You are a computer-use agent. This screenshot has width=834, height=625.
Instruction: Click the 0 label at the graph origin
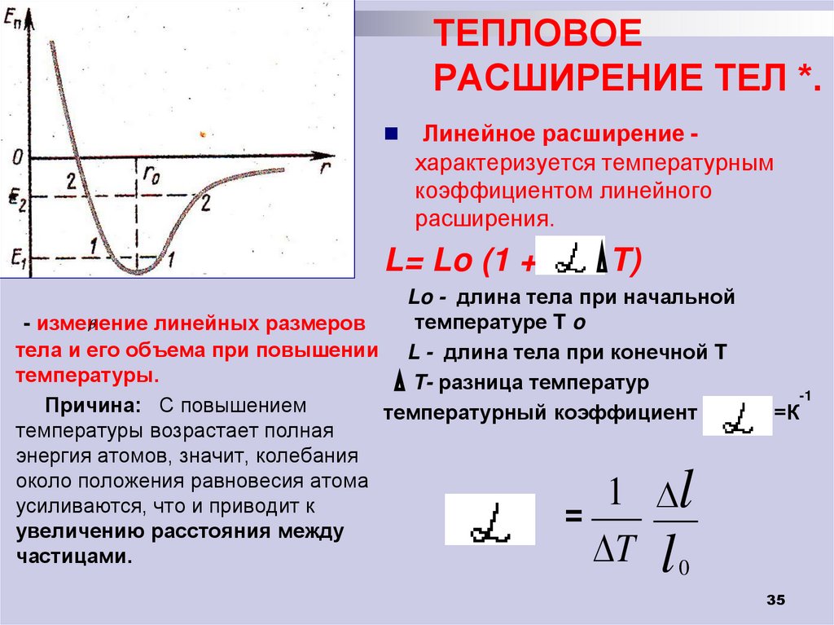click(x=16, y=156)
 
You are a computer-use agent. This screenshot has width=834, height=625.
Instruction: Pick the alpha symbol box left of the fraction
click(x=489, y=519)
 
